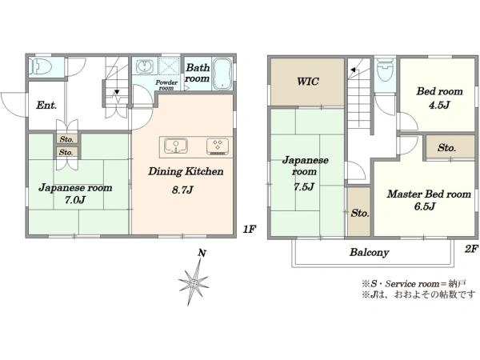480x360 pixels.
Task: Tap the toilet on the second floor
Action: point(385,70)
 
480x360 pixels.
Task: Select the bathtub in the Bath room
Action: point(222,74)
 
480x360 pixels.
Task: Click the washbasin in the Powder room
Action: point(145,66)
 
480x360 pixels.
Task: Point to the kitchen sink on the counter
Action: point(176,146)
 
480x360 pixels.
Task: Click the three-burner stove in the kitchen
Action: point(218,146)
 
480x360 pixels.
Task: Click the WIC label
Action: point(308,82)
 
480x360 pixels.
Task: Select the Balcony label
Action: point(369,252)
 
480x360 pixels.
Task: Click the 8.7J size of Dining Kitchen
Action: point(182,190)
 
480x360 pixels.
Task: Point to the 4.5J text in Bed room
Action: point(439,106)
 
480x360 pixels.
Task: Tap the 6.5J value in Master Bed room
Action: point(425,206)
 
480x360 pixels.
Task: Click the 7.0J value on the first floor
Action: point(74,200)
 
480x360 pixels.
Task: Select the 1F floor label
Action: point(250,229)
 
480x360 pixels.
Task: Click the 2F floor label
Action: point(471,249)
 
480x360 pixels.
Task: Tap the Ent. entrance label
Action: point(46,106)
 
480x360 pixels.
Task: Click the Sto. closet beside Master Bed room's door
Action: point(447,148)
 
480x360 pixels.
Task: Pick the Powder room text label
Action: point(166,85)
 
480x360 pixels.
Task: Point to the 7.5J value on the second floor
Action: point(304,186)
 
